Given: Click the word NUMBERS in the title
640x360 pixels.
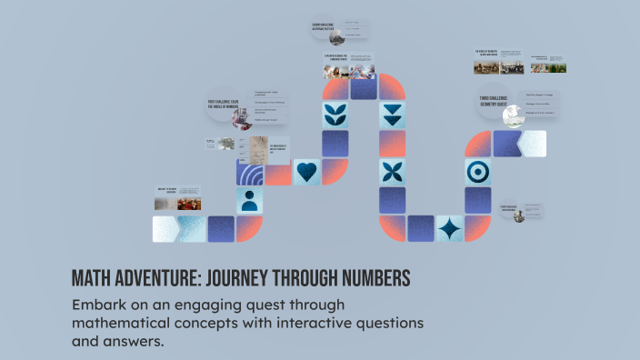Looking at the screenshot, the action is (368, 277).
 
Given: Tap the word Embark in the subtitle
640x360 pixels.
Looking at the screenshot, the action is (98, 305).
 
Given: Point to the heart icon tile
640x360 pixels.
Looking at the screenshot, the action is (307, 172).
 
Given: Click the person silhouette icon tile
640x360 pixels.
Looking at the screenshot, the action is (250, 200).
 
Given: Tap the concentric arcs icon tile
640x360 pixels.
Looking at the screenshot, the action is (251, 172).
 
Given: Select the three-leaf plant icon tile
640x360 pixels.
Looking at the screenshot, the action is (335, 115).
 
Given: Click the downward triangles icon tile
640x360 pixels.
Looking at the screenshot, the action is (393, 115).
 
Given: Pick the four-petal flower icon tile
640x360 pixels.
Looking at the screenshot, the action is (393, 172).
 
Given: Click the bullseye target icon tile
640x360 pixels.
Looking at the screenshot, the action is (478, 172).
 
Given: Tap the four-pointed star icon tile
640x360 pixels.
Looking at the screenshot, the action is (449, 228).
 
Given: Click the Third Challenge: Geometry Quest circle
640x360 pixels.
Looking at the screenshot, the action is (497, 105).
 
